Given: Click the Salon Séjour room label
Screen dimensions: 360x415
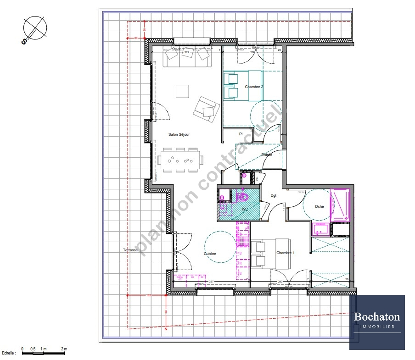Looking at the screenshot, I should [179, 135].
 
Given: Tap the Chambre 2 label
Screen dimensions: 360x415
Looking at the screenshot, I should [254, 87].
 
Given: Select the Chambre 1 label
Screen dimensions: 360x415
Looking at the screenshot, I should [285, 253].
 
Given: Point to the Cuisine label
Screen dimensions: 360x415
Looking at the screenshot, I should [210, 254].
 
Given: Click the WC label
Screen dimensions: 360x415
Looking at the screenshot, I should [245, 210].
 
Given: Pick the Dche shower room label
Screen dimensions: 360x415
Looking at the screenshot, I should [320, 206].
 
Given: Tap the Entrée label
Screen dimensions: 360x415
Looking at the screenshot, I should [267, 155].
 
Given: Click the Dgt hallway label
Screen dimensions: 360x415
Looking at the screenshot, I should [274, 196].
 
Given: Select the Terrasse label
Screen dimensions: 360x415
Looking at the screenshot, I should [130, 250].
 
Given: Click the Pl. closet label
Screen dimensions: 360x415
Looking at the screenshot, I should [241, 134].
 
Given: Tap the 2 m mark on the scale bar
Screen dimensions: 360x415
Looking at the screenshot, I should [64, 349].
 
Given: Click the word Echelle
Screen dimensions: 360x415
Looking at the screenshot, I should [9, 353].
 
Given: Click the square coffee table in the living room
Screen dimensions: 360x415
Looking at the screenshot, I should [183, 91].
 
